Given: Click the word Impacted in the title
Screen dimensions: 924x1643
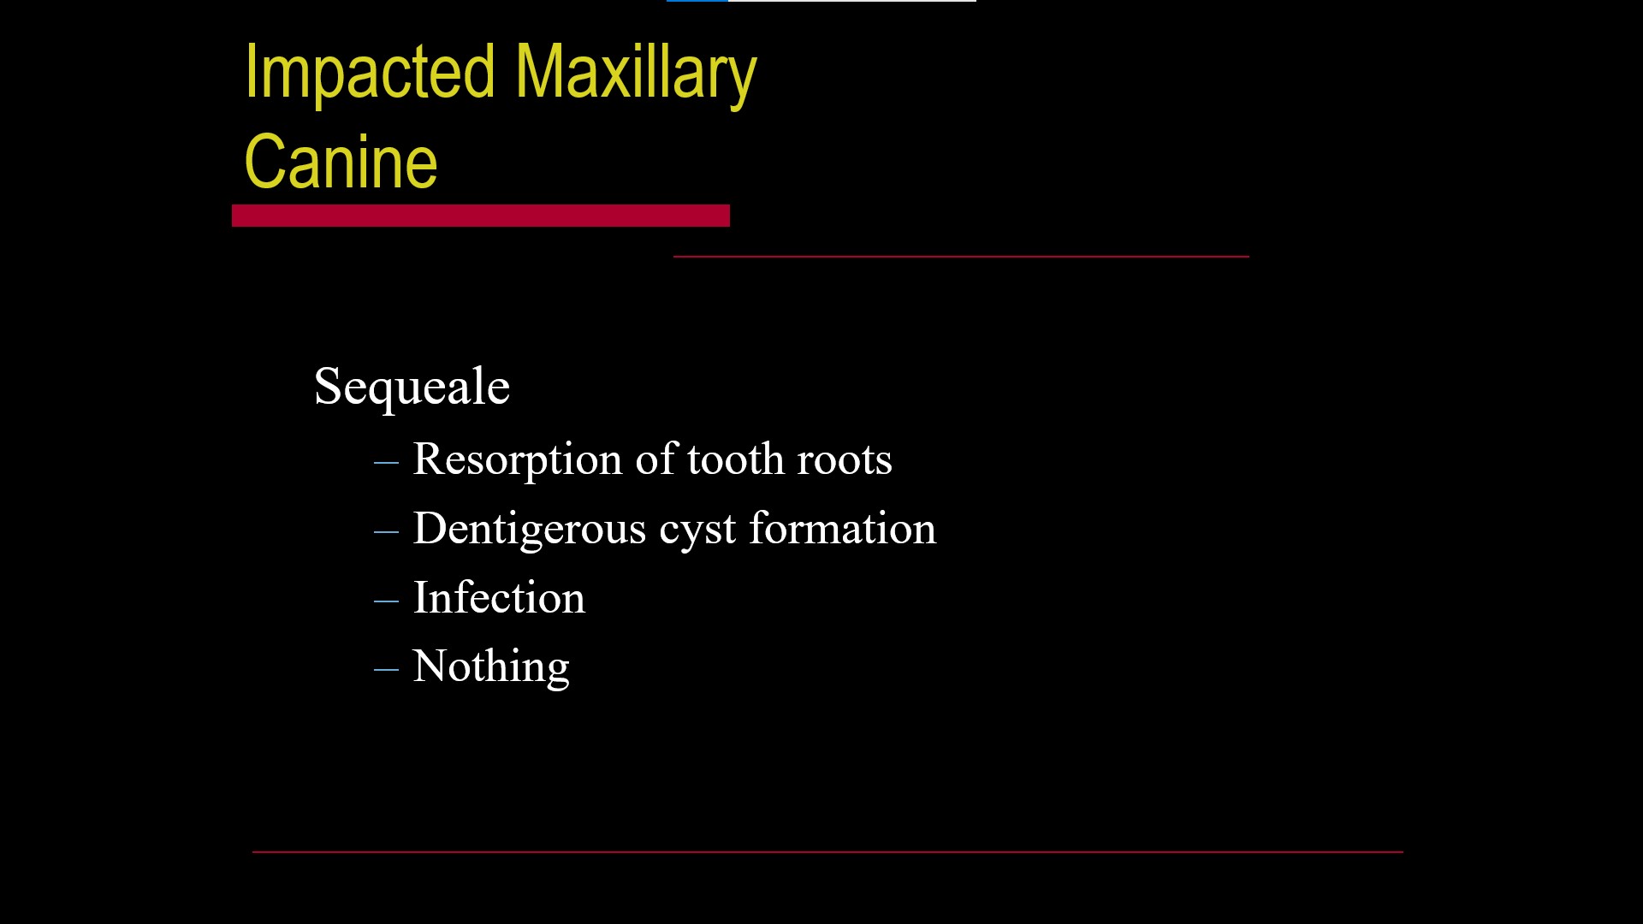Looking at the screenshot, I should click(x=370, y=74).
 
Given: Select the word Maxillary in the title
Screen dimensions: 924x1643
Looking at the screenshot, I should click(x=636, y=74).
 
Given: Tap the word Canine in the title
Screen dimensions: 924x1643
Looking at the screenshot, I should click(x=341, y=162).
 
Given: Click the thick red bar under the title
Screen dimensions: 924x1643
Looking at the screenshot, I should click(x=480, y=216).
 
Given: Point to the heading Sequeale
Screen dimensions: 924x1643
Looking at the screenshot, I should click(x=412, y=387).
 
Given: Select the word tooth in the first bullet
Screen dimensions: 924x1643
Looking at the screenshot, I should click(x=735, y=459).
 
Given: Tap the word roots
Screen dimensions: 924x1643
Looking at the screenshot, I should click(x=845, y=460).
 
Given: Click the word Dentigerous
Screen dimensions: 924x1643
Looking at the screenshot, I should click(x=529, y=529).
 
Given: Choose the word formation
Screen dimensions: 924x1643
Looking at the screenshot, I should click(x=842, y=528).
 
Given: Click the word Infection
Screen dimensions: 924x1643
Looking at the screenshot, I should click(x=499, y=597).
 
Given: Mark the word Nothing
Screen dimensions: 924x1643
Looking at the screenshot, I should click(x=490, y=666).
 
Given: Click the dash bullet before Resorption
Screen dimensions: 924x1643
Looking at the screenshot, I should click(x=386, y=462).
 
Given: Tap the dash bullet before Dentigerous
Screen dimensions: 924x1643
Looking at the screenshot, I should click(x=386, y=531).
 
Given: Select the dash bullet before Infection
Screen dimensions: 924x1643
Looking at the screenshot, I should click(x=386, y=601).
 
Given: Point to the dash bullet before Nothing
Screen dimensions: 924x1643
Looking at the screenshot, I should click(x=386, y=669).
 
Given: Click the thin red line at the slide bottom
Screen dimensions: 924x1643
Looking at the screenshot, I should click(x=827, y=852).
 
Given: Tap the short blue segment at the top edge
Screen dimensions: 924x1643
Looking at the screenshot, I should click(x=697, y=1).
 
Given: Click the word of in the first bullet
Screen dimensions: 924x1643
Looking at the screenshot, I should click(x=656, y=459).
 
